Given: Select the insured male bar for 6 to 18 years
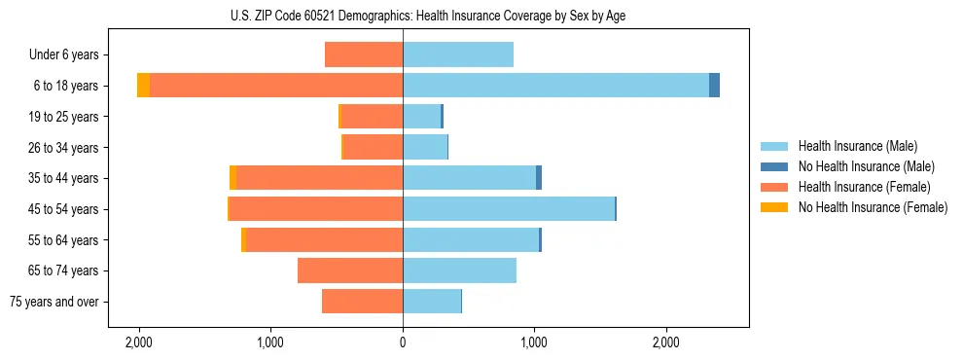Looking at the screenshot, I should [555, 86].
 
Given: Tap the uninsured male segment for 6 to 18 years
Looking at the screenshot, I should [714, 86].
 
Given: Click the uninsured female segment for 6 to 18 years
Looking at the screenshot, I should [143, 86].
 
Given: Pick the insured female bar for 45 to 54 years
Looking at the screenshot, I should [316, 209].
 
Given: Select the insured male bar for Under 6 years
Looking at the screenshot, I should [458, 54].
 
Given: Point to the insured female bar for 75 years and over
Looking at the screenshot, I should [362, 302].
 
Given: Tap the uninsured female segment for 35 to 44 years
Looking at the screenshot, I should [232, 178].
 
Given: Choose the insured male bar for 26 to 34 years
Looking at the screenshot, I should [425, 147].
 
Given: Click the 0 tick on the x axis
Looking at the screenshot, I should [403, 343].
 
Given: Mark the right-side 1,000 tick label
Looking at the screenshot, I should [534, 343].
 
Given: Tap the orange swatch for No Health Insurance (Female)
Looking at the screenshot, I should [775, 207].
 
